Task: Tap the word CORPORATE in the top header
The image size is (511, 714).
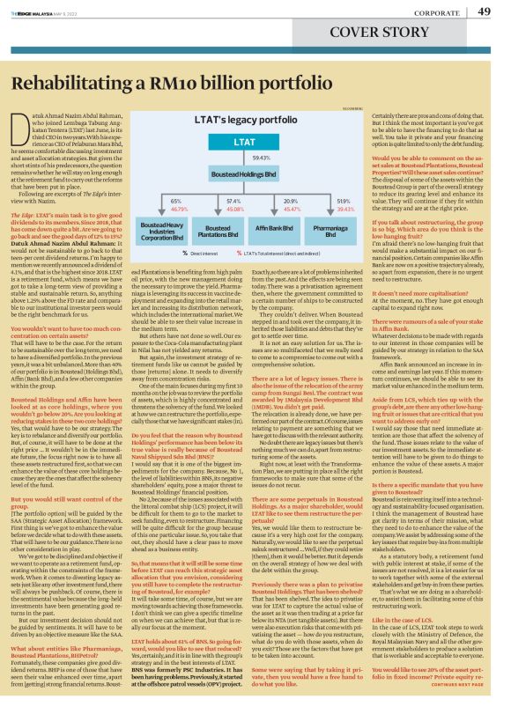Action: click(433, 12)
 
